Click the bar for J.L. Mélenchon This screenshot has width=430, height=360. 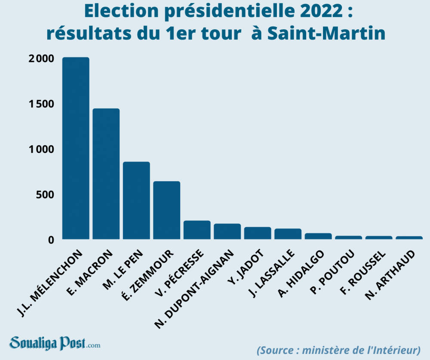76,148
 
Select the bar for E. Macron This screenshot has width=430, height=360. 106,174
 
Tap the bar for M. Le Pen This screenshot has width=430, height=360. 136,200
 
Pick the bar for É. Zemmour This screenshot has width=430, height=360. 167,210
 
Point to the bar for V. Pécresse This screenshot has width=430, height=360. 197,230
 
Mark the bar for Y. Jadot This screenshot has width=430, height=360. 258,233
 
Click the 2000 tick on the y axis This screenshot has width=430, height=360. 41,59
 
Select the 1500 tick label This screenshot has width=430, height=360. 41,104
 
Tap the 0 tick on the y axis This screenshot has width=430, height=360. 51,240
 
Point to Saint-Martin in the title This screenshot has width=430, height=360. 326,34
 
